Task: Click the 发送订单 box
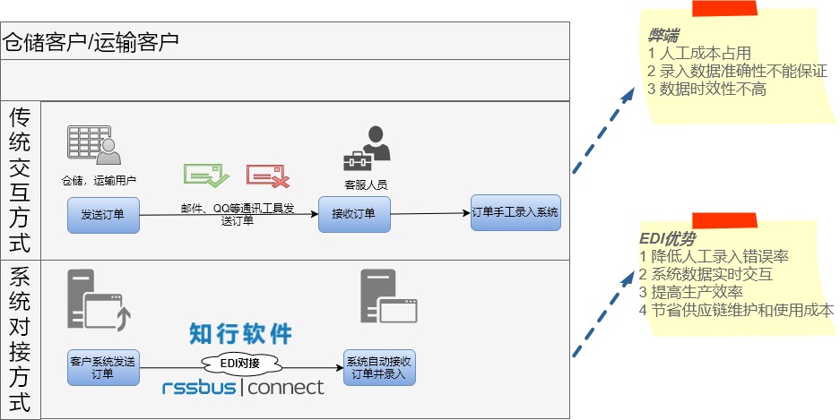(103, 216)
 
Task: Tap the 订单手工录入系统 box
(515, 213)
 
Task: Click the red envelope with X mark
(268, 176)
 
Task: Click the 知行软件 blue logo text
(241, 334)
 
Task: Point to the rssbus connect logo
(243, 388)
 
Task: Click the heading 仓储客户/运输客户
(91, 40)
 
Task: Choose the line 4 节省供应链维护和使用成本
(736, 310)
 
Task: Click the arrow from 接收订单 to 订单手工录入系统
(430, 214)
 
